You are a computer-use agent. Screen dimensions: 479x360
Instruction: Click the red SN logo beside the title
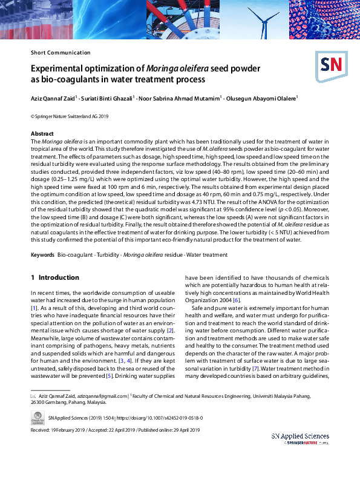coord(329,64)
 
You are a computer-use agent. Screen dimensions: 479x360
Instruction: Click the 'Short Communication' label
coord(61,53)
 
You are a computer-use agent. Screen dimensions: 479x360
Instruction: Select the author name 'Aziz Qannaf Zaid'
coord(53,97)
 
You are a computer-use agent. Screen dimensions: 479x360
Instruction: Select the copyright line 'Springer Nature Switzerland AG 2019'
coord(70,116)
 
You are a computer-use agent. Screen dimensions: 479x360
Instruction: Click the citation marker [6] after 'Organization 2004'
coord(237,300)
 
